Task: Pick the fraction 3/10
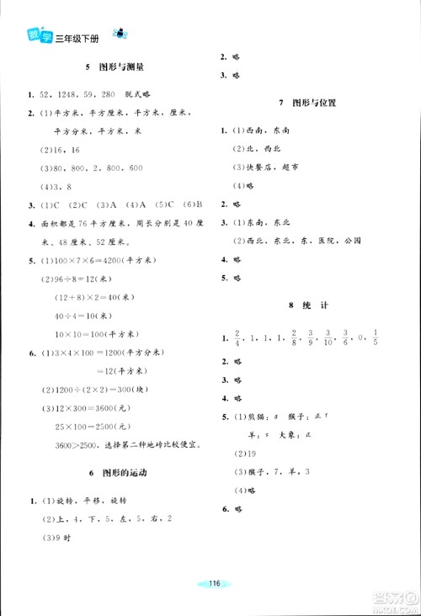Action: (328, 337)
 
